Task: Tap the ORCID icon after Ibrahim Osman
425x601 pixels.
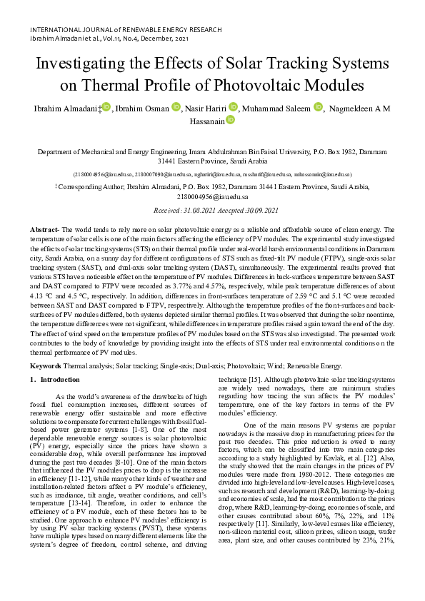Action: (x=176, y=107)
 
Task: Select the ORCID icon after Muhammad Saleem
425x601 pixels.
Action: (x=317, y=107)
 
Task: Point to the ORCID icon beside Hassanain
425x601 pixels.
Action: (x=230, y=122)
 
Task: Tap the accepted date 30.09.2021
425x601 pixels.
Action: (x=259, y=211)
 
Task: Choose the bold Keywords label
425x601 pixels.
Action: (x=46, y=365)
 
